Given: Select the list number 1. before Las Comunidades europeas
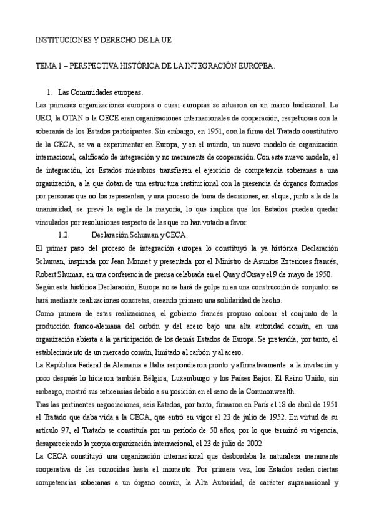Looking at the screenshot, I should click(59, 91).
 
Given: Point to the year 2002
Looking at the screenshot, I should click(243, 445).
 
